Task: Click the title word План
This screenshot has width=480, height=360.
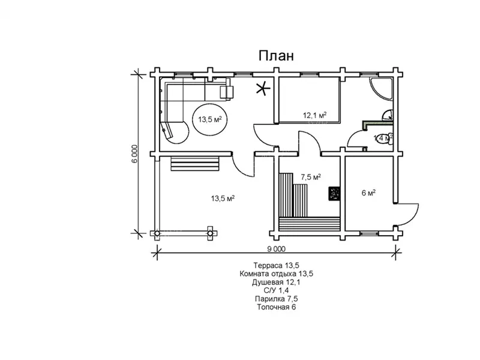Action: [276, 56]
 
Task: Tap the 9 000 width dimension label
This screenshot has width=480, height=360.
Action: [276, 249]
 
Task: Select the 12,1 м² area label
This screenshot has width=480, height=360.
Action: [314, 115]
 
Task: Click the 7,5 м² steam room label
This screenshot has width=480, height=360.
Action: [311, 177]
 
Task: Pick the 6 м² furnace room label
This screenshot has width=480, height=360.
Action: [368, 193]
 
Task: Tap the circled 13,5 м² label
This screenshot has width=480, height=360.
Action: [209, 119]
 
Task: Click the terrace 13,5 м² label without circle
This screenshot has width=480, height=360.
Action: [223, 199]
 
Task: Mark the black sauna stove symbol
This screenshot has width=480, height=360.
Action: [334, 194]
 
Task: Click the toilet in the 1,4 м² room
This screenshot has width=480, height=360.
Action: [385, 138]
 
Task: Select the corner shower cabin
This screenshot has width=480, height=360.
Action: [381, 88]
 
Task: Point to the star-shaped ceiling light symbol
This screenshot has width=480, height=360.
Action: [263, 89]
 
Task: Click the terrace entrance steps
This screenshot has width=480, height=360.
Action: [195, 163]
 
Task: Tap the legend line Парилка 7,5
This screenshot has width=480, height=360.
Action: [277, 298]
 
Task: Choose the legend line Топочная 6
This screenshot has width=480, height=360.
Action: [277, 307]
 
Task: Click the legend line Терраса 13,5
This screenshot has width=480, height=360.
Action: [277, 265]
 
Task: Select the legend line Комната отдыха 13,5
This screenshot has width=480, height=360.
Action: [277, 274]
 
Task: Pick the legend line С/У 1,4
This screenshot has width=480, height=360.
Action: [276, 290]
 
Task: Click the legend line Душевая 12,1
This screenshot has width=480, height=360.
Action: [277, 282]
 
